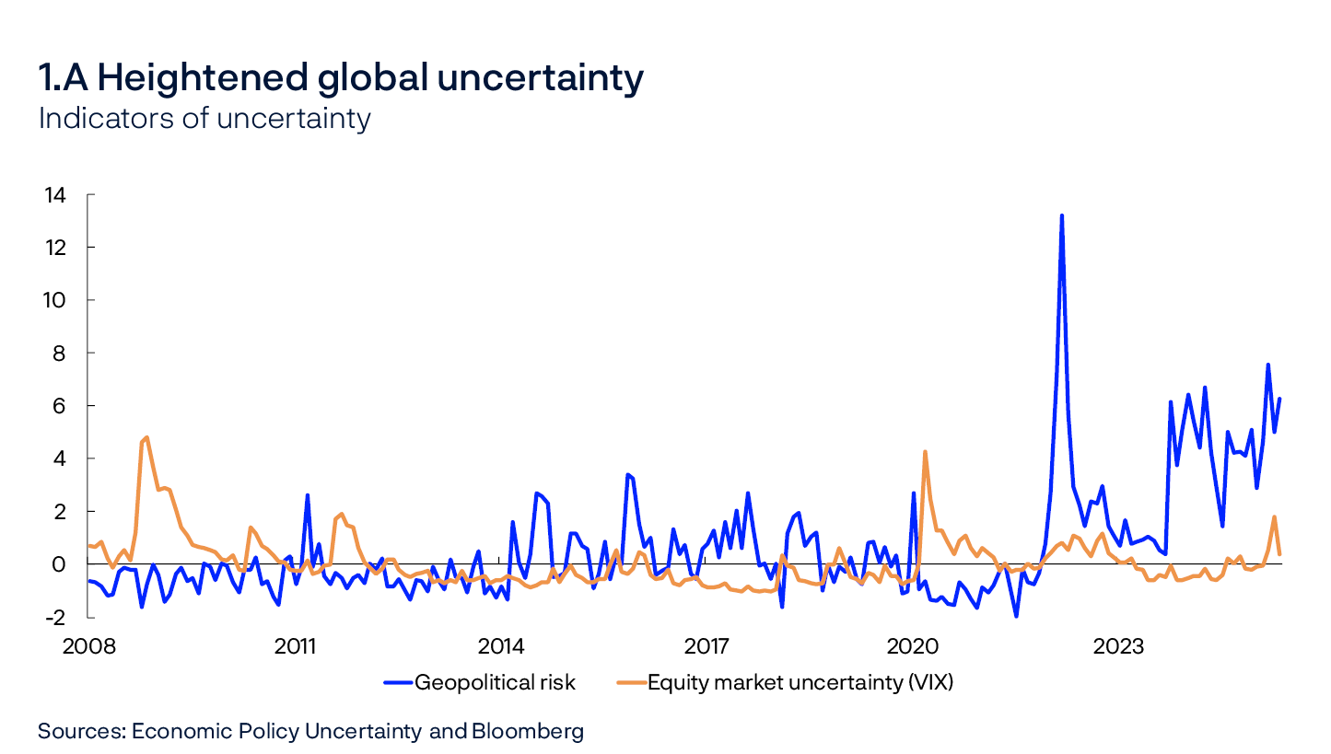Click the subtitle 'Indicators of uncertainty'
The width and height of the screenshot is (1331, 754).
204,119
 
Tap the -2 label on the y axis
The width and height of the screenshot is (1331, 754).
53,617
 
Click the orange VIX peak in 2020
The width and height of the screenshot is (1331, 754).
925,451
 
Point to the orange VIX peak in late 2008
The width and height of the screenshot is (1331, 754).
146,437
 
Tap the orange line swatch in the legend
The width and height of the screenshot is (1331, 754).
629,682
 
